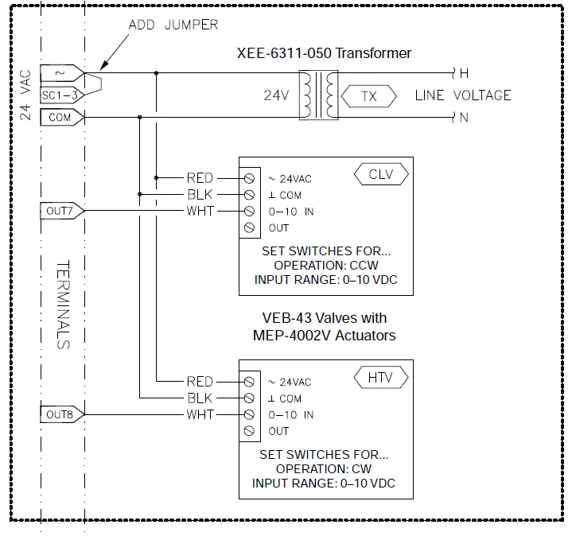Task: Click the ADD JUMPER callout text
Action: click(173, 25)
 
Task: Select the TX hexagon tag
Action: click(368, 96)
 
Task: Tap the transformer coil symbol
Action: click(318, 95)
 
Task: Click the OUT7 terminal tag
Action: click(60, 211)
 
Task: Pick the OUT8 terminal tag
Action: click(60, 414)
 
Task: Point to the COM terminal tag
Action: click(60, 118)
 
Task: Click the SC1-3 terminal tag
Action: click(60, 95)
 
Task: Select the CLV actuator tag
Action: click(382, 173)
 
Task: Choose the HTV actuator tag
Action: click(382, 377)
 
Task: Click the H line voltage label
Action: click(464, 73)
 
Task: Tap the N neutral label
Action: click(464, 118)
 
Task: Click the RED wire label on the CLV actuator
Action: click(200, 177)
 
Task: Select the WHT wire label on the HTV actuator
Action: click(200, 414)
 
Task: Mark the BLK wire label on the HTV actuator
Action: click(200, 398)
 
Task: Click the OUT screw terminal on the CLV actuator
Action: click(250, 227)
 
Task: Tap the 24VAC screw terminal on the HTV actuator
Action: click(250, 381)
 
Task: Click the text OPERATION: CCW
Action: click(325, 266)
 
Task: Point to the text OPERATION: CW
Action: click(324, 469)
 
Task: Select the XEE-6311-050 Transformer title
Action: click(325, 53)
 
